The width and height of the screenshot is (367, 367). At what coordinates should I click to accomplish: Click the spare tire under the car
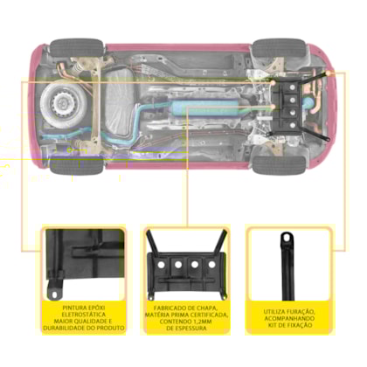(63, 103)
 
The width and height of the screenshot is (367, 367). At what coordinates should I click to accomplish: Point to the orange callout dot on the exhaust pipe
(273, 107)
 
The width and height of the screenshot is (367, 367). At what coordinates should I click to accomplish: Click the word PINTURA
(73, 308)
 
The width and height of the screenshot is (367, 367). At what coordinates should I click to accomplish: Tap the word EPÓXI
(96, 308)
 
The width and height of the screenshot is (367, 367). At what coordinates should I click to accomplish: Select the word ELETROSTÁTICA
(84, 315)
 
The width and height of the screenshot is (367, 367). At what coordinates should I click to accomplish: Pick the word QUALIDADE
(88, 322)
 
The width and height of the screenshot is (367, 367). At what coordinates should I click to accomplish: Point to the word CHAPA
(207, 308)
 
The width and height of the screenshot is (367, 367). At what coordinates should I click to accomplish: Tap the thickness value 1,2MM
(203, 322)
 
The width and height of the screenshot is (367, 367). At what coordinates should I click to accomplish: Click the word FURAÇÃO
(301, 312)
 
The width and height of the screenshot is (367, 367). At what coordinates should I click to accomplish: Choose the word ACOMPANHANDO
(289, 318)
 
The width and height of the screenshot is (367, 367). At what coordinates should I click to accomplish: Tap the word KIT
(273, 325)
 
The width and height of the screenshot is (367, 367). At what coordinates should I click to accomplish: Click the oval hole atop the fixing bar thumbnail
(287, 238)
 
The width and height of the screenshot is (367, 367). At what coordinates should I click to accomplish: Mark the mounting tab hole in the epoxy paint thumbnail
(54, 295)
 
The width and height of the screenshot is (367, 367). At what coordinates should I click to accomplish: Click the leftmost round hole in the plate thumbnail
(161, 265)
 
